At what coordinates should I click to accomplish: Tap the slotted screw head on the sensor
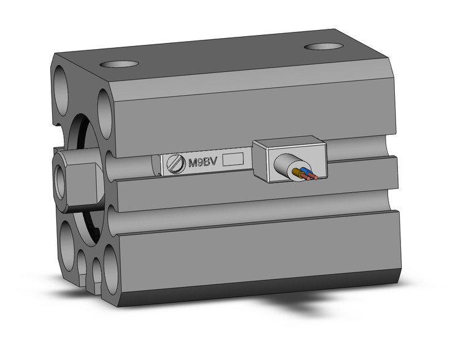[x=176, y=164]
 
